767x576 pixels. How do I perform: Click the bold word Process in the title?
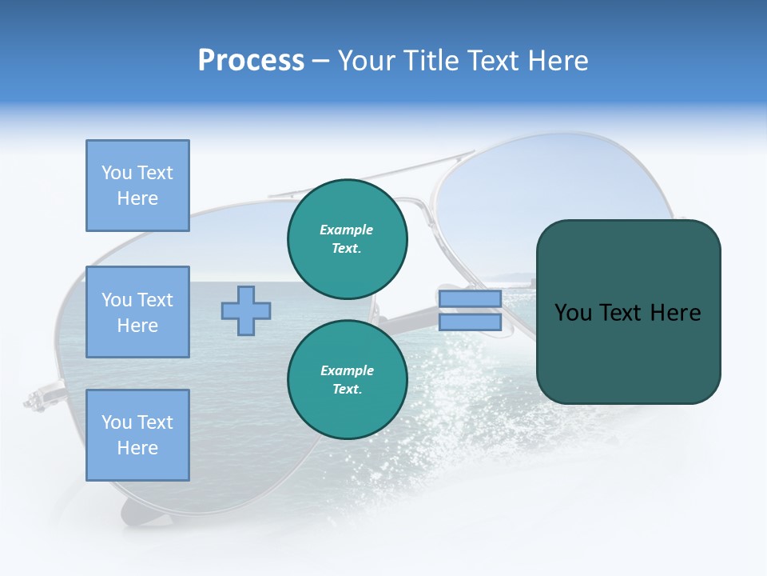click(x=251, y=61)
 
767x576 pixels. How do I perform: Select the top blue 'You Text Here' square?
click(x=137, y=186)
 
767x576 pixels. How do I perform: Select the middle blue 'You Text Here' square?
click(x=137, y=312)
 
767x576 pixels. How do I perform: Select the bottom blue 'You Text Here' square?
click(x=137, y=434)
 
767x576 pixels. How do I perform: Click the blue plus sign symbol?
click(x=246, y=310)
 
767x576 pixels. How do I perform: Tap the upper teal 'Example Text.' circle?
click(x=347, y=238)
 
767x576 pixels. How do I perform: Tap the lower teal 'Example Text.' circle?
click(x=347, y=379)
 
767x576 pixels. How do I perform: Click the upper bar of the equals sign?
click(x=470, y=298)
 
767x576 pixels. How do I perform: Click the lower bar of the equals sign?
click(x=470, y=322)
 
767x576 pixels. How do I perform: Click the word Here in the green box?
click(x=675, y=313)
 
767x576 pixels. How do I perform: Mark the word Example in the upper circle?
click(x=346, y=230)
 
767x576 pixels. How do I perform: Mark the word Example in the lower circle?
click(x=346, y=370)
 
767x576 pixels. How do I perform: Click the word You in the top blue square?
click(x=116, y=173)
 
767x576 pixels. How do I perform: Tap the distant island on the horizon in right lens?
click(x=511, y=278)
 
